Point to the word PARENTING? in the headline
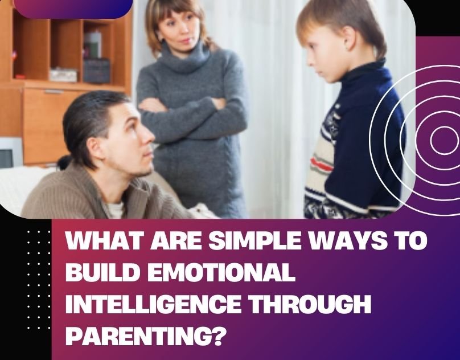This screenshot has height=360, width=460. (x=143, y=336)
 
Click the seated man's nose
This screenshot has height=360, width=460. (x=151, y=140)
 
